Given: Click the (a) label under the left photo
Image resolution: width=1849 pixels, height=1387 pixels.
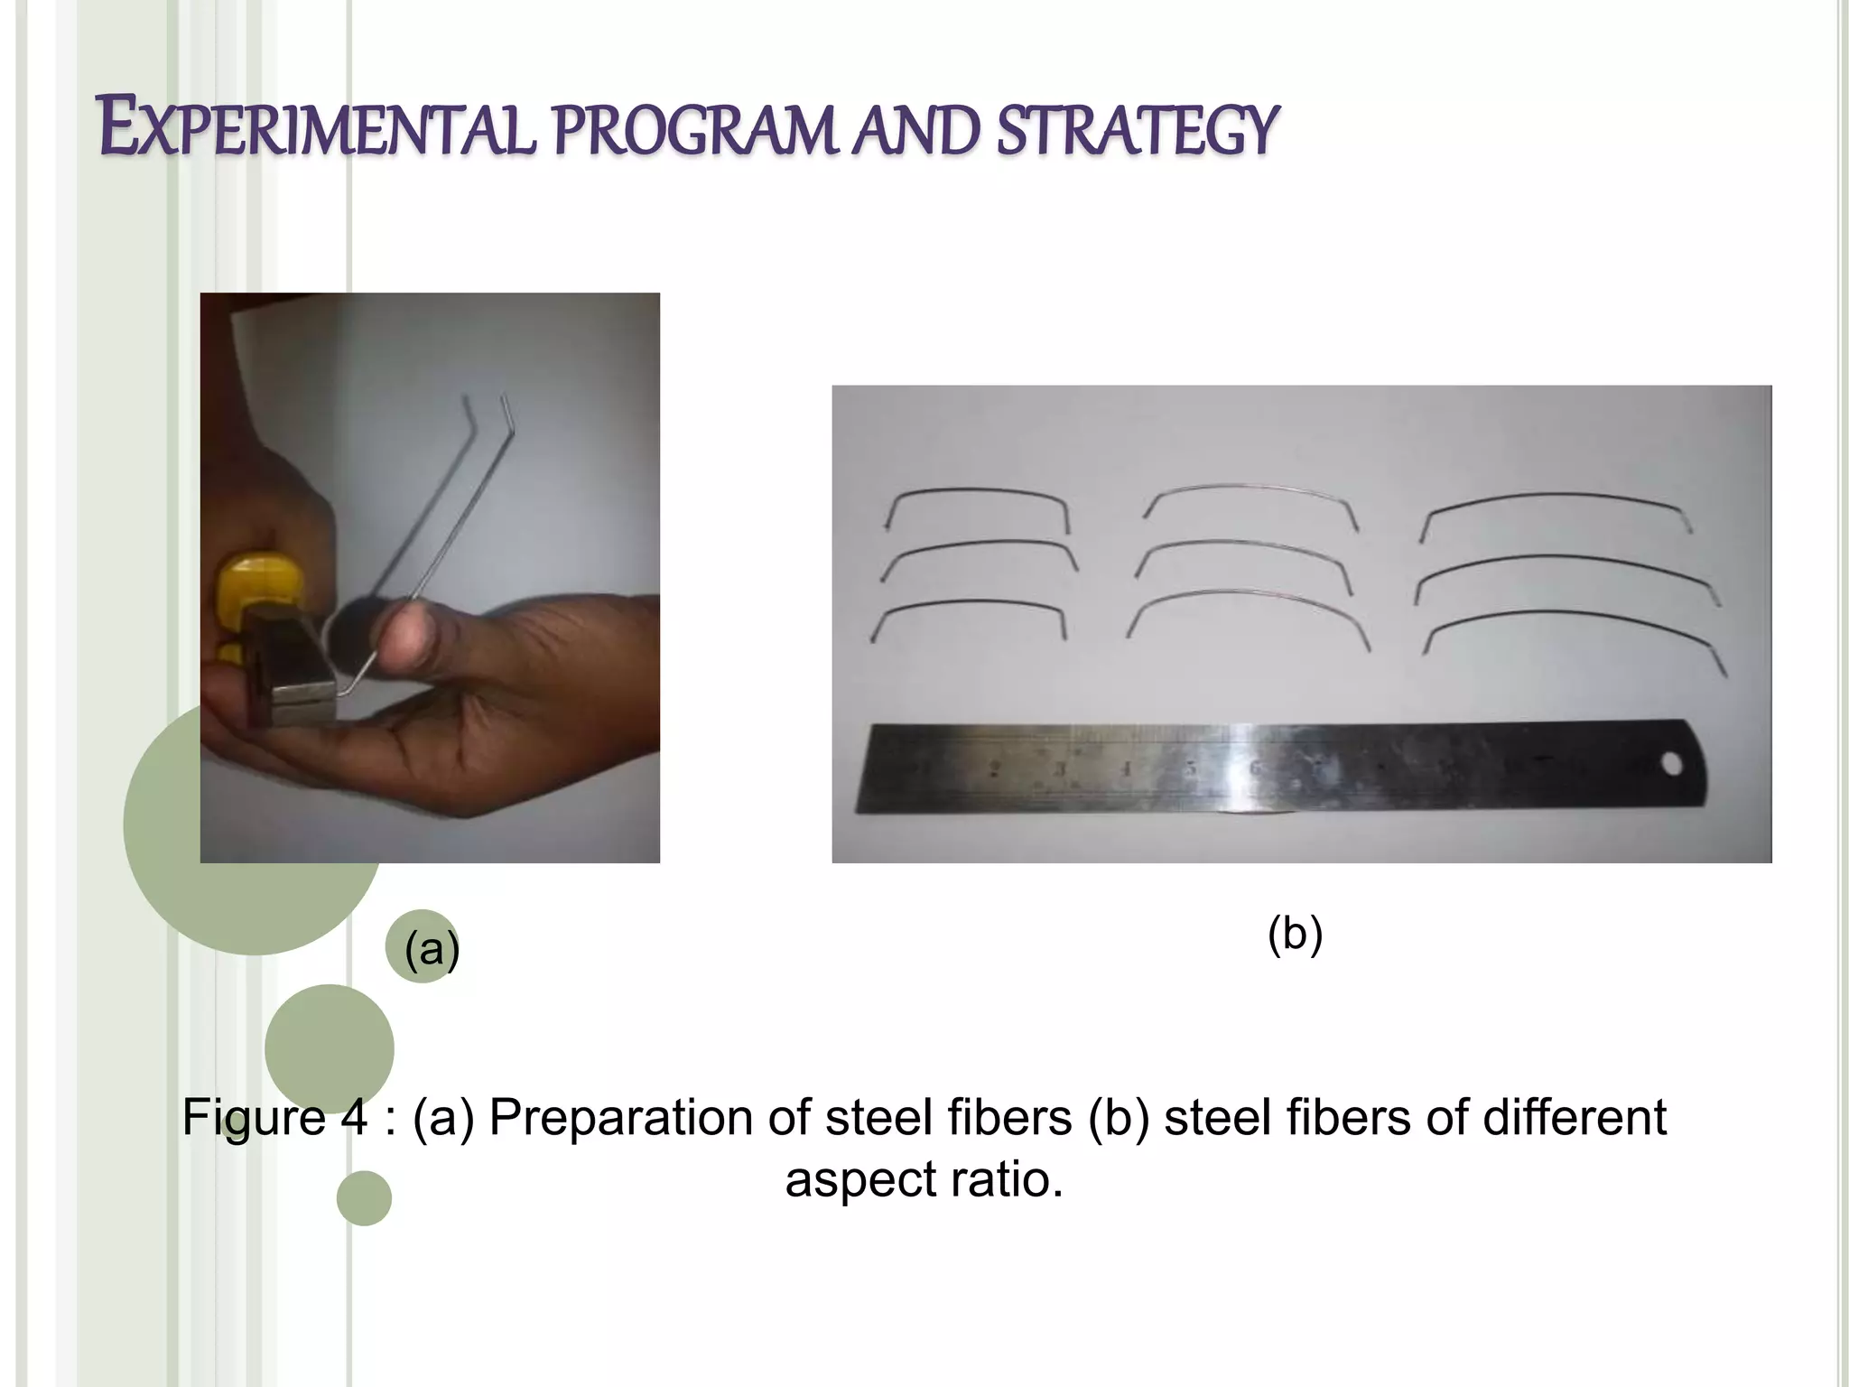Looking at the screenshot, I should [432, 948].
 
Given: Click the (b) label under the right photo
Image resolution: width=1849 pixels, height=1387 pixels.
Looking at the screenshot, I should [1295, 933].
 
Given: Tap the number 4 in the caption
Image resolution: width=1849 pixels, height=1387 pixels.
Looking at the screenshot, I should [354, 1118].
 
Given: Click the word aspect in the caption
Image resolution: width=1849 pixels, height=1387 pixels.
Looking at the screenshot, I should [849, 1179].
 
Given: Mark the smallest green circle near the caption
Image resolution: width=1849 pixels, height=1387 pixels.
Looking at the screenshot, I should [364, 1198].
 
